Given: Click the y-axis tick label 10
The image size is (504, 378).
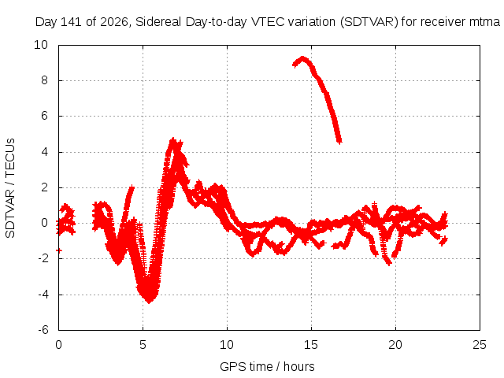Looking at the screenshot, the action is [x=41, y=45].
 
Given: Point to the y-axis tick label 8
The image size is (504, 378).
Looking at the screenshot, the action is [x=44, y=80].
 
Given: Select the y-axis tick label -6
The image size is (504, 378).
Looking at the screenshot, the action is [x=43, y=330].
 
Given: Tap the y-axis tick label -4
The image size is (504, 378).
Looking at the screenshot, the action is [x=43, y=294].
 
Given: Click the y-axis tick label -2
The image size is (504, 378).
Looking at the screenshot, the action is [x=43, y=258].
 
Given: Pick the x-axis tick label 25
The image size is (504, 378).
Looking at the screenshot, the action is [x=480, y=345].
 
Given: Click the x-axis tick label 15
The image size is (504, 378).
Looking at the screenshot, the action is [x=311, y=345].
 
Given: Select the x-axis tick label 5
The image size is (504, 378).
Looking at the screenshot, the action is [x=143, y=345].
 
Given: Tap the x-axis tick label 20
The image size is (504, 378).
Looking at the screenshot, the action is [x=395, y=345].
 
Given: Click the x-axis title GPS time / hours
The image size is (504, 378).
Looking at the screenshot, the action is [x=267, y=366].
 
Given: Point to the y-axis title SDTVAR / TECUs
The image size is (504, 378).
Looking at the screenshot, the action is [x=10, y=188].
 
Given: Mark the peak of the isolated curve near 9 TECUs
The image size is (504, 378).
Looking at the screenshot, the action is [x=302, y=59].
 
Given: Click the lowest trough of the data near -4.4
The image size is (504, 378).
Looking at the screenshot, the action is [x=149, y=302].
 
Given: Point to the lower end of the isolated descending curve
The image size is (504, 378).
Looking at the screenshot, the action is [x=339, y=142].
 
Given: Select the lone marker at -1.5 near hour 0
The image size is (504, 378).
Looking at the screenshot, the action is [x=59, y=250].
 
